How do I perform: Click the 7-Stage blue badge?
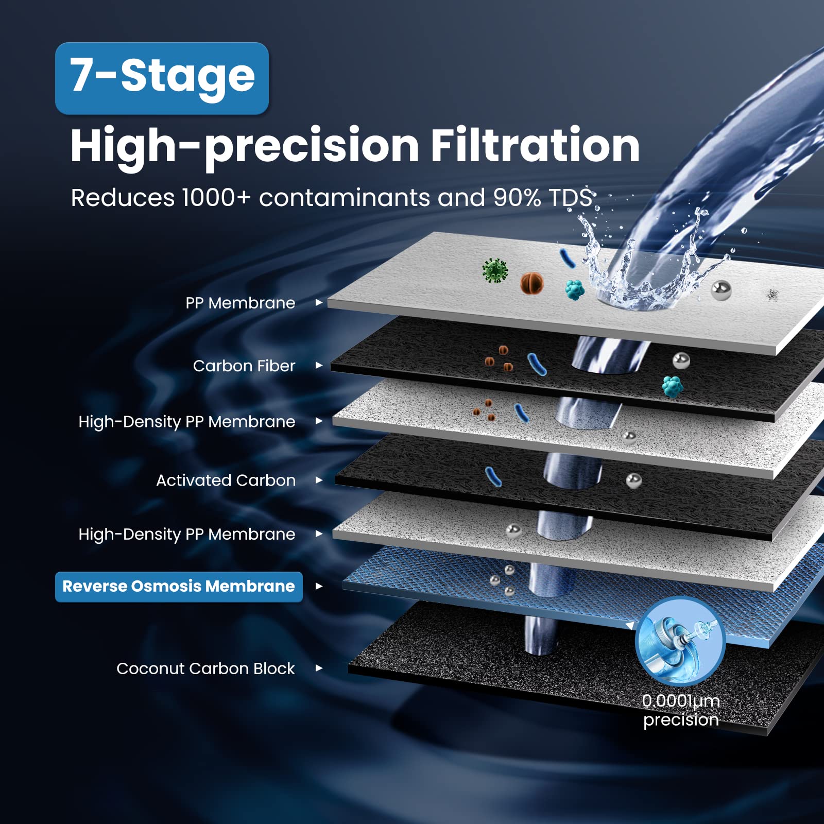162,78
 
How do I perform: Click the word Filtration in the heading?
535,145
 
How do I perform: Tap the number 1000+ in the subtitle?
216,198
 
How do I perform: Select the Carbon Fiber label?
244,366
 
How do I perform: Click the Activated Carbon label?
226,480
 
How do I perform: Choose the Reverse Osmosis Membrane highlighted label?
179,587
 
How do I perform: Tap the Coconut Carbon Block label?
205,668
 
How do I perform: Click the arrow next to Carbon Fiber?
319,365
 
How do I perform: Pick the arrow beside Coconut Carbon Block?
319,668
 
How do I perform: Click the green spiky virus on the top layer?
495,270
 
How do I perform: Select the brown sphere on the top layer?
532,283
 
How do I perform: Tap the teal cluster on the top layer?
575,290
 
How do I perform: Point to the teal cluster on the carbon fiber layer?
673,386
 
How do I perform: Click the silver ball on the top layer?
721,291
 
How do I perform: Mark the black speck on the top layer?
772,295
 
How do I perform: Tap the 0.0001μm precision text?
681,710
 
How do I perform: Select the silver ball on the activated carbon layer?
634,480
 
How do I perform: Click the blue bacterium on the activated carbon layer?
493,476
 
